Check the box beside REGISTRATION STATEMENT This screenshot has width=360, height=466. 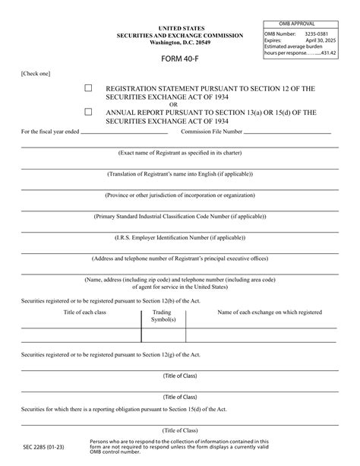coord(88,89)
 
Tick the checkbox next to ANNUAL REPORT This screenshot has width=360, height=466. coord(88,112)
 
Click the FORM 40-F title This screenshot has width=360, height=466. coord(180,58)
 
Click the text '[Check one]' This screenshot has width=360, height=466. coord(36,74)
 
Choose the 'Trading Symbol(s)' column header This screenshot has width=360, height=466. coord(163,316)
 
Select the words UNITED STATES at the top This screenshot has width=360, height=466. coord(180,28)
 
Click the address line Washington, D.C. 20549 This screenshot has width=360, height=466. coord(180,42)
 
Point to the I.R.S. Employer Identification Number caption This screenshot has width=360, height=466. coord(180,237)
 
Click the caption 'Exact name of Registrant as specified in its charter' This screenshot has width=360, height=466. coord(180,152)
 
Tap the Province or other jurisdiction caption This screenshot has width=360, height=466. coord(180,195)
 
